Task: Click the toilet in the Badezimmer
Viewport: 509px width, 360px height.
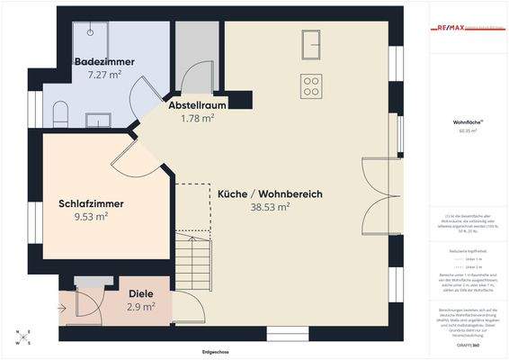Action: [60, 113]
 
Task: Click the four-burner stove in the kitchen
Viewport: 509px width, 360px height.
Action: [312, 85]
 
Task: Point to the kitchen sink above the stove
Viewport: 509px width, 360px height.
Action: [312, 42]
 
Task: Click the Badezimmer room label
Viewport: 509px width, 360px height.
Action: [104, 61]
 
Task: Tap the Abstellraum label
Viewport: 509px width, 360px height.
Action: [197, 105]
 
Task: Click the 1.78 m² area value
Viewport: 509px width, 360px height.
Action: [197, 118]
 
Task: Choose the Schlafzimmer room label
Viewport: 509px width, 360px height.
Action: [91, 203]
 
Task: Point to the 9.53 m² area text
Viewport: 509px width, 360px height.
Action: [91, 216]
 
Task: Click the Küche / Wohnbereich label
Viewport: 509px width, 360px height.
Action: [270, 194]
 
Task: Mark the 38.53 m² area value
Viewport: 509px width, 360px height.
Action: [270, 207]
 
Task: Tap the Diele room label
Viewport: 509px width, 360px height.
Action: [140, 293]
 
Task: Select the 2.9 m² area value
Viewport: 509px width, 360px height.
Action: [140, 306]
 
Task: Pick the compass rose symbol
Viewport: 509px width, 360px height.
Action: [23, 337]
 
